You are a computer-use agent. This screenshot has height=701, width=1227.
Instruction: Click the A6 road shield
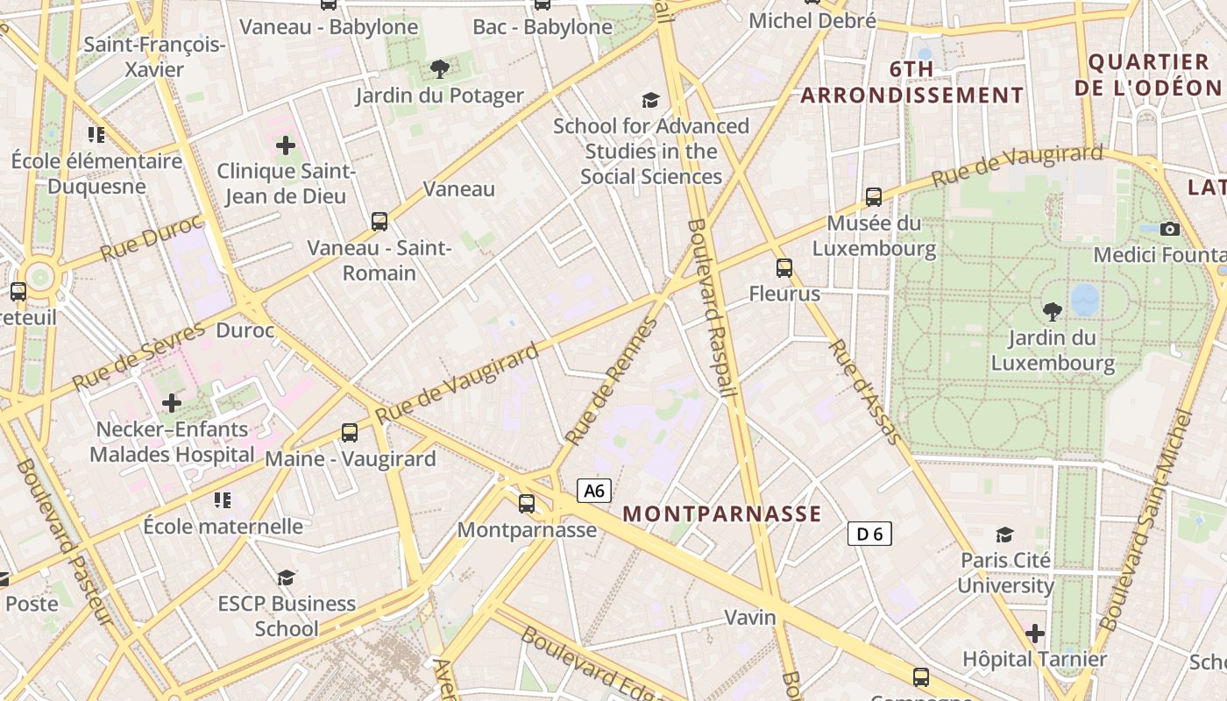[x=594, y=491]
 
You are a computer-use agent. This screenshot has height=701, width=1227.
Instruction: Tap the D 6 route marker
[x=869, y=533]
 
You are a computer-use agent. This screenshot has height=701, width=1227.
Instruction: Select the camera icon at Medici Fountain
[x=1169, y=229]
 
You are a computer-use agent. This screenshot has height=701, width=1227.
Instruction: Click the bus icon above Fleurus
[x=784, y=268]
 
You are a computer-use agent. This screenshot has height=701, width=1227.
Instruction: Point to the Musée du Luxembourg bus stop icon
[x=873, y=197]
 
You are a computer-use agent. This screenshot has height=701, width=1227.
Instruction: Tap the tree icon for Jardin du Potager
[x=440, y=69]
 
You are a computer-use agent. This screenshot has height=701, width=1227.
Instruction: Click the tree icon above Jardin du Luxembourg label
[x=1052, y=310]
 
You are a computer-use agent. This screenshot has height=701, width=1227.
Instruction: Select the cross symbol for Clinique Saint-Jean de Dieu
[x=286, y=145]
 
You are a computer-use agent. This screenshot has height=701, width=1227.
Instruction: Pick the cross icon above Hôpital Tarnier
[x=1035, y=633]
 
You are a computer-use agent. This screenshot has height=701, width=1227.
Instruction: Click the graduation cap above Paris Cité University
[x=1005, y=535]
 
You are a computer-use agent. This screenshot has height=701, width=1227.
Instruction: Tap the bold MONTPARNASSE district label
[x=722, y=514]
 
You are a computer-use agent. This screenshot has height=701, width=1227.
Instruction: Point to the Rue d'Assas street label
[x=864, y=391]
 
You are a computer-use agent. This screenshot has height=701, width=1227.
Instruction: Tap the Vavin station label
[x=750, y=618]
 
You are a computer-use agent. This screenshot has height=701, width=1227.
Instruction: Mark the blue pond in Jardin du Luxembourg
[x=1085, y=299]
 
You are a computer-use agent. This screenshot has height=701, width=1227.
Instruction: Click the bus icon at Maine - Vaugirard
[x=349, y=432]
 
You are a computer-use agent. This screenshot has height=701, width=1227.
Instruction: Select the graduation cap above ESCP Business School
[x=287, y=577]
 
